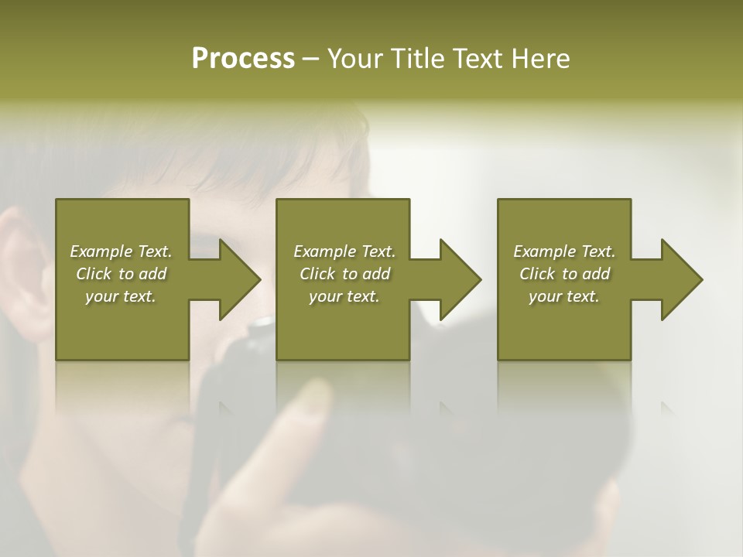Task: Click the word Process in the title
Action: (x=243, y=59)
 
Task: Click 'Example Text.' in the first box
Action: (x=121, y=251)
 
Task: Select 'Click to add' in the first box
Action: (x=121, y=274)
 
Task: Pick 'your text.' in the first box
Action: (x=121, y=296)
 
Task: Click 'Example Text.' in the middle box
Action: (x=344, y=251)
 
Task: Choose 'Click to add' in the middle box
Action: (x=344, y=274)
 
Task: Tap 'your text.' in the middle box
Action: (x=344, y=296)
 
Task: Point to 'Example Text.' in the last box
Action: (x=564, y=251)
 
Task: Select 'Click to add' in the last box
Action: (x=564, y=274)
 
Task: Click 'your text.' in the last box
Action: (x=564, y=296)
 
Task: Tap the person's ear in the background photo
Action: (x=23, y=271)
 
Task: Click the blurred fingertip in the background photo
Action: (x=313, y=398)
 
